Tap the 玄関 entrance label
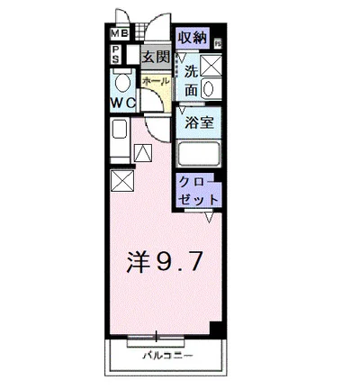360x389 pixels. point(156,57)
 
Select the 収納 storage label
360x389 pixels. point(192,38)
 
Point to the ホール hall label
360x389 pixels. point(155,81)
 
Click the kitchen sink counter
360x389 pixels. point(120,144)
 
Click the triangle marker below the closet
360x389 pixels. point(208,217)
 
